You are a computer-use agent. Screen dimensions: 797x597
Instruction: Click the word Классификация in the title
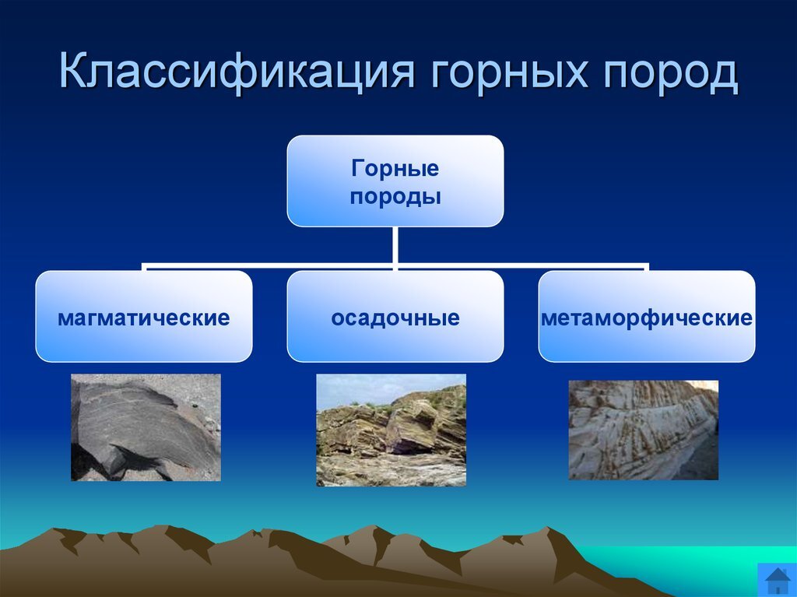click(237, 71)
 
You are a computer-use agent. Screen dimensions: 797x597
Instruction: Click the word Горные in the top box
click(395, 168)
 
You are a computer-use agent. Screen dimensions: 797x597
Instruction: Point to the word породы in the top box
click(395, 197)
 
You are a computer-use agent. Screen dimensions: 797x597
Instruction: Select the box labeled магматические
click(144, 316)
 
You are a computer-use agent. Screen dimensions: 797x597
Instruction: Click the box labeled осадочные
click(395, 316)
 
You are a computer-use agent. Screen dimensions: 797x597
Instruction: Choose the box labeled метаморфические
click(647, 316)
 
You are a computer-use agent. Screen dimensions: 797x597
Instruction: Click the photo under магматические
click(146, 427)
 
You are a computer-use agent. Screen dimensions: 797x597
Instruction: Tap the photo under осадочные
click(391, 430)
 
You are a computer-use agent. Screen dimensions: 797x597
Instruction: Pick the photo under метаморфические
click(644, 430)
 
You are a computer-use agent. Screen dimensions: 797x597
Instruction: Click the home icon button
click(778, 580)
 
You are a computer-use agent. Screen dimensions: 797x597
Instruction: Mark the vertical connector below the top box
click(395, 246)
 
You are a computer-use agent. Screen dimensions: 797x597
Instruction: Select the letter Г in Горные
click(357, 168)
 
